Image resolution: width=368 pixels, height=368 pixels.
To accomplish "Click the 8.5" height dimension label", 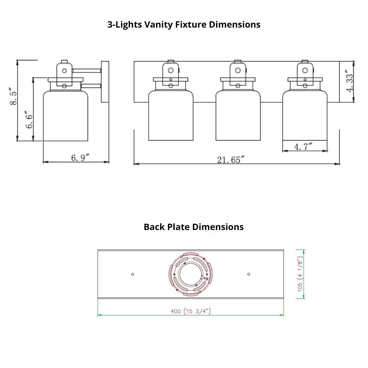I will coord(13,96).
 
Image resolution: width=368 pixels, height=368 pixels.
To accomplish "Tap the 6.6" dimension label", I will coord(29,119).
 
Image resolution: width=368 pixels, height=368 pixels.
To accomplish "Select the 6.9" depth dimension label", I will coord(80,158).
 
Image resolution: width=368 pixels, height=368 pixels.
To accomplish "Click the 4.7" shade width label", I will coord(303,147).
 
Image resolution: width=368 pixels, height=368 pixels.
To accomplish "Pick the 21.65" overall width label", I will coord(231,160).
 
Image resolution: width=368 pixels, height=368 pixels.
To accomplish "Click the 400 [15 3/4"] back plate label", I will coord(191,311).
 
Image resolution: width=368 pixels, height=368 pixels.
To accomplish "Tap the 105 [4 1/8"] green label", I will coord(300,274).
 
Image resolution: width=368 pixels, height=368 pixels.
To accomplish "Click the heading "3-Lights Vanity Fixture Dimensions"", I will coord(184,25).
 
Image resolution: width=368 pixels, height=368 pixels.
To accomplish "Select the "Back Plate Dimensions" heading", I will coord(194,227).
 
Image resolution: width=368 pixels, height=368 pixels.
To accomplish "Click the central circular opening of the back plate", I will coord(190,274).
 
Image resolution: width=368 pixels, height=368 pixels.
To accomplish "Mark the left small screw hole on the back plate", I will coord(132,274).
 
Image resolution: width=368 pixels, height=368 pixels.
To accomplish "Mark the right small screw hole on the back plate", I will coord(249,274).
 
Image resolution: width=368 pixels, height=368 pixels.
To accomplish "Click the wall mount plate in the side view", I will coord(105,82).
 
